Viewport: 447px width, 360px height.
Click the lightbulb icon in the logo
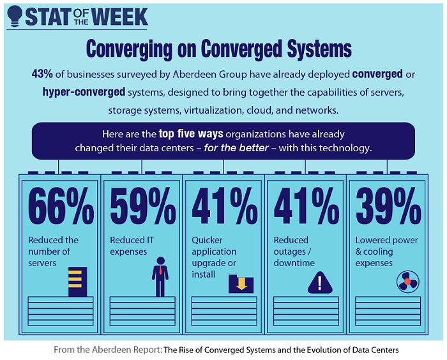pyautogui.click(x=13, y=16)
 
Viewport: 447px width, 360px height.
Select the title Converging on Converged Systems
pyautogui.click(x=219, y=49)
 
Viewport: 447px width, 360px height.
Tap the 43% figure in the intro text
pyautogui.click(x=42, y=75)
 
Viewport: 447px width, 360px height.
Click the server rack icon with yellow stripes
pyautogui.click(x=77, y=281)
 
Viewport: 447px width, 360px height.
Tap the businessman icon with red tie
pyautogui.click(x=160, y=275)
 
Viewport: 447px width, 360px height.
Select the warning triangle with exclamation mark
pyautogui.click(x=320, y=281)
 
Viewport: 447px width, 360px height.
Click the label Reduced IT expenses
pyautogui.click(x=133, y=246)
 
